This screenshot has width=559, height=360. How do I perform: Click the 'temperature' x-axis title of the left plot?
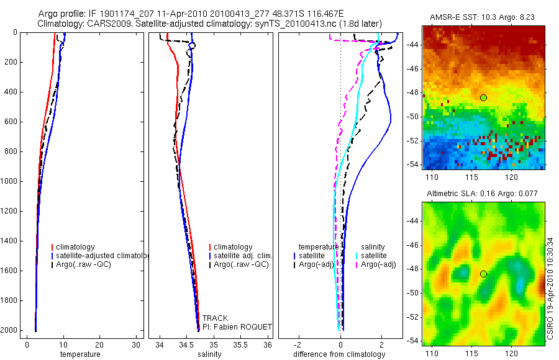pyautogui.click(x=80, y=354)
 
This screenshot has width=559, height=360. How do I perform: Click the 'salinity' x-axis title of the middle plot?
pyautogui.click(x=209, y=354)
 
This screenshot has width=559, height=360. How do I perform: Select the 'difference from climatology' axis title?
pyautogui.click(x=339, y=354)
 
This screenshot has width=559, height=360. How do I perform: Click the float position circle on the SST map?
pyautogui.click(x=483, y=97)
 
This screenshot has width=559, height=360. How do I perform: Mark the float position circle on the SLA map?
pyautogui.click(x=483, y=274)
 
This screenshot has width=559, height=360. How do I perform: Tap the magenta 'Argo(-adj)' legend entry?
pyautogui.click(x=378, y=264)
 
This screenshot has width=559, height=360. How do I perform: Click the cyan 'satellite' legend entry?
pyautogui.click(x=373, y=256)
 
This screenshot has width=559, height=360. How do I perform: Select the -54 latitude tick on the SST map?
pyautogui.click(x=412, y=164)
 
